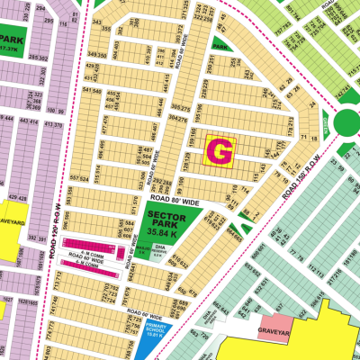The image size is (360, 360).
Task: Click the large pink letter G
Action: tap(220, 151)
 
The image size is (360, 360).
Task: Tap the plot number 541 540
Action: tap(91, 90)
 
